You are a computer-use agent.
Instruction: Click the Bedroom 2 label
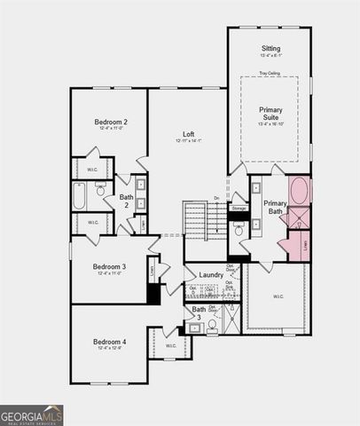[x=112, y=122]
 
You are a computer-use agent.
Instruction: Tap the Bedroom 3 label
[x=112, y=266]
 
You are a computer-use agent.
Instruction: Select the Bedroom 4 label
[x=112, y=342]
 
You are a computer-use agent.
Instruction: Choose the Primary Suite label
[x=270, y=114]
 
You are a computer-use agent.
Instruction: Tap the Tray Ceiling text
[x=270, y=73]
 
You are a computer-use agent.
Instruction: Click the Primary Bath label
[x=274, y=208]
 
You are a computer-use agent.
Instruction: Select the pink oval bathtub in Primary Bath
[x=300, y=191]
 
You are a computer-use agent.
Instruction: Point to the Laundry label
[x=211, y=275]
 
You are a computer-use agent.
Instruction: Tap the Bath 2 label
[x=126, y=201]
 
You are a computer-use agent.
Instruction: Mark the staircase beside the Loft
[x=195, y=219]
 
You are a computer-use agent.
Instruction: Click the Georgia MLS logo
[x=32, y=414]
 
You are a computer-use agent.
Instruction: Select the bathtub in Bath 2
[x=79, y=196]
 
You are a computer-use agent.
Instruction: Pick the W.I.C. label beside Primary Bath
[x=277, y=296]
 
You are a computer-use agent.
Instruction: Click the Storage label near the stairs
[x=239, y=208]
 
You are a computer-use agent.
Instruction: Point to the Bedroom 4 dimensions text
[x=112, y=348]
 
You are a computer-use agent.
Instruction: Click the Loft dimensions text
[x=188, y=140]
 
